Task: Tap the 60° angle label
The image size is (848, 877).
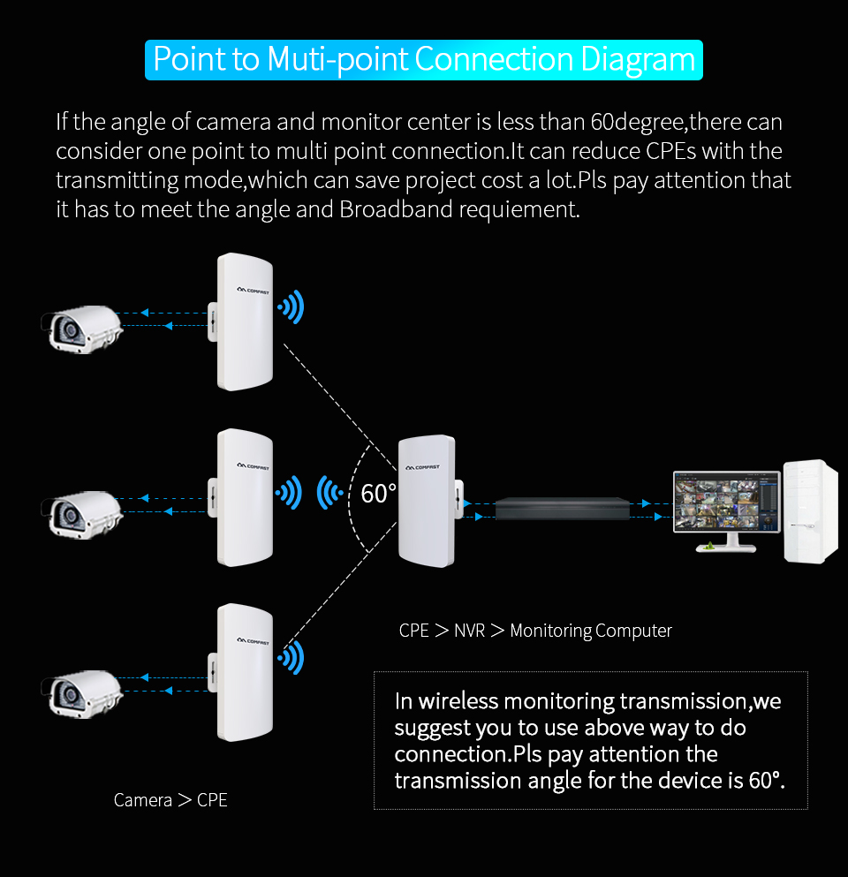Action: point(378,494)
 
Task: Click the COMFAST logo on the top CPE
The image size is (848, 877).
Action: point(254,288)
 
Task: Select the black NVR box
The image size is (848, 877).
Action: point(564,510)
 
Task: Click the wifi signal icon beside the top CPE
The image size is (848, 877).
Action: point(291,308)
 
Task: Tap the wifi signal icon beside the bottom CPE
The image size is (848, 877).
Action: point(291,657)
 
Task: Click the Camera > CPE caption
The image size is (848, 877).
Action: point(170,800)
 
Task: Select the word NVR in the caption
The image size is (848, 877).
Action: point(469,631)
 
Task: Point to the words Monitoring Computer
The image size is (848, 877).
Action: point(591,631)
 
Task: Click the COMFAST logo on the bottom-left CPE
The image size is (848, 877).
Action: point(254,640)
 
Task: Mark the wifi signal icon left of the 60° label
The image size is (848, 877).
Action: point(331,492)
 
